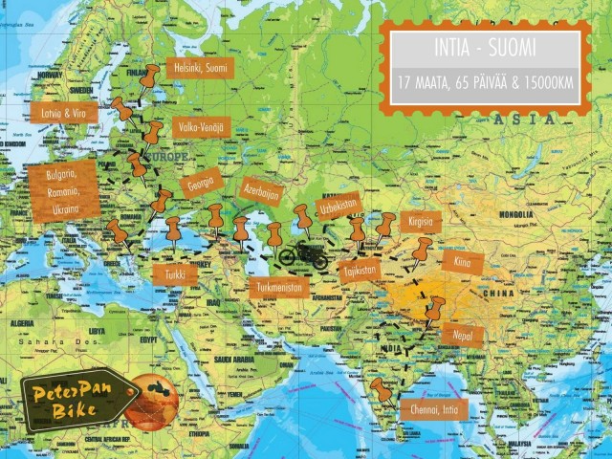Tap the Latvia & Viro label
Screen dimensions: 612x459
(63, 113)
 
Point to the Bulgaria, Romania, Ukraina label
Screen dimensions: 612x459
(65, 189)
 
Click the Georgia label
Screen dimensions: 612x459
(201, 180)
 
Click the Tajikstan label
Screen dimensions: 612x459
(361, 271)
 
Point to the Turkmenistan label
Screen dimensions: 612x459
(280, 286)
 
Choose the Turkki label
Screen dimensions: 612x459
(175, 274)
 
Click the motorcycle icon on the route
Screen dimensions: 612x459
(302, 255)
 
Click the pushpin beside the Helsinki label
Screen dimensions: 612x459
(149, 75)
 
